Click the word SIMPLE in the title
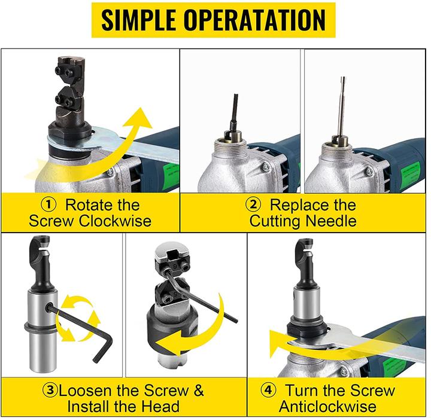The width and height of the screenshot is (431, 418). pos(138,20)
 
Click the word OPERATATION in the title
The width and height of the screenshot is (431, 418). pos(254,20)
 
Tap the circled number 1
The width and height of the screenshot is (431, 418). pos(48,205)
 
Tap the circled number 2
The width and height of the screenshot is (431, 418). pos(253,205)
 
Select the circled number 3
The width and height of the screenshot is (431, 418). pos(50,390)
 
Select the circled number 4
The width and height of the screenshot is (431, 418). pos(268,390)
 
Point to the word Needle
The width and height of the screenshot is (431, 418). pos(331,221)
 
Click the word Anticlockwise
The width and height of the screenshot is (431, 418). pos(327,406)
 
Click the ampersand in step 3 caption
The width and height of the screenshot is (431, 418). pos(199,390)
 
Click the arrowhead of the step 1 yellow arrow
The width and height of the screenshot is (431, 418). pos(139,117)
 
